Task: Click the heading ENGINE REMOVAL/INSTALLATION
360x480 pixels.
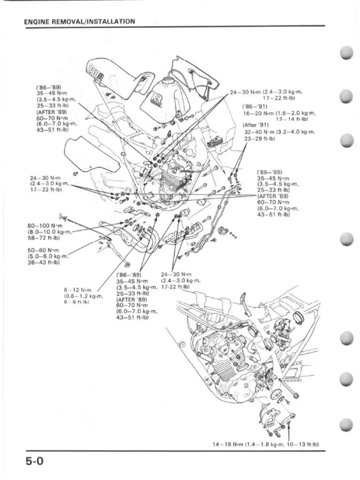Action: tap(79, 22)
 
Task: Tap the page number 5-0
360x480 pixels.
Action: tap(35, 461)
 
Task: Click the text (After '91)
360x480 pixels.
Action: tap(256, 125)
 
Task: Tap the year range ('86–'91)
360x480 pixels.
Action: tap(255, 106)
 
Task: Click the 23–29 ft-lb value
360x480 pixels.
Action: tap(259, 139)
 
